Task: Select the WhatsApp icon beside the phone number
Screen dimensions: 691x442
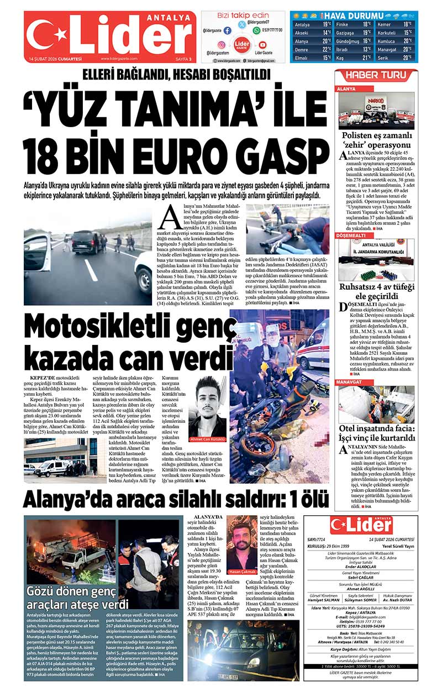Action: [256, 31]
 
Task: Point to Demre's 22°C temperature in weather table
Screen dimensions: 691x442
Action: [327, 49]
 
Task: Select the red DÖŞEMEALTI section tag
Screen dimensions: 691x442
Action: [352, 235]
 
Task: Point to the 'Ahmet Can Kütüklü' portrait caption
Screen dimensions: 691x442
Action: [207, 439]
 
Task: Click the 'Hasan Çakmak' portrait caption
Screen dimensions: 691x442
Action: [242, 571]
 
